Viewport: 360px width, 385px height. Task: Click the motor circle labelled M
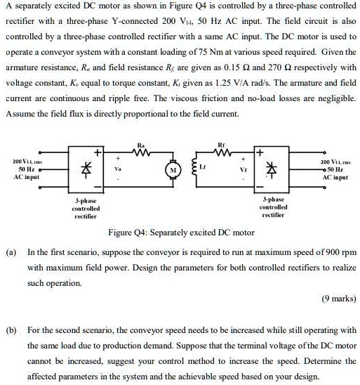pyautogui.click(x=171, y=169)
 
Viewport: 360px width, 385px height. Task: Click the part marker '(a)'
pyautogui.click(x=12, y=251)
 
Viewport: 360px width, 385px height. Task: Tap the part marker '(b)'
pyautogui.click(x=12, y=329)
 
